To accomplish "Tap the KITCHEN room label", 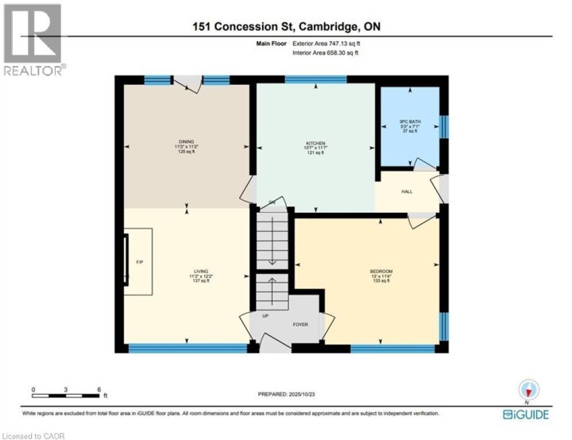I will pos(315,144).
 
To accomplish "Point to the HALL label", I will pos(406,192).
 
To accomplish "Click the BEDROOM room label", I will pos(381,272).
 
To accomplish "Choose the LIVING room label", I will pos(187,272).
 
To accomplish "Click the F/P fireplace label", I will pos(140,261).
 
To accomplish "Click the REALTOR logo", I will pos(33,40).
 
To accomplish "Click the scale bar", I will pos(67,395).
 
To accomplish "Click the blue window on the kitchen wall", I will pos(315,79).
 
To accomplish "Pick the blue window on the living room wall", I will pos(187,347).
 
